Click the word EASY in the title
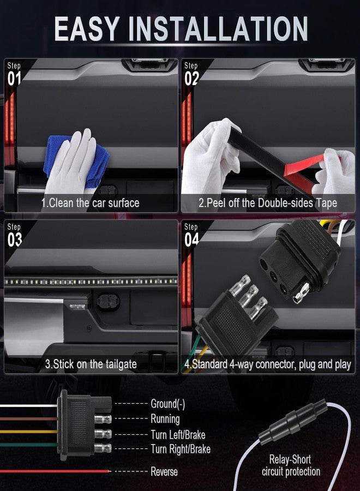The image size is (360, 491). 87,29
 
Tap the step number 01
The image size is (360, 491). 14,78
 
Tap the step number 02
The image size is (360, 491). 191,78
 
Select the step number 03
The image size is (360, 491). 14,239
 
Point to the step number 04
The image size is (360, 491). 191,239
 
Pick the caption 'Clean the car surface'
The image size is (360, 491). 90,203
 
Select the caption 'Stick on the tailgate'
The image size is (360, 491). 91,364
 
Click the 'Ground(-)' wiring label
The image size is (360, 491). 168,404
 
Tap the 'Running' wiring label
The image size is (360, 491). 165,419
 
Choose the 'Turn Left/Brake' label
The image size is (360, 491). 178,435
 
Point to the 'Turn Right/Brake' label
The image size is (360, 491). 181,449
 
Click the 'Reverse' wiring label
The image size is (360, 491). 164,471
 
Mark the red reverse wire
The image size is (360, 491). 55,471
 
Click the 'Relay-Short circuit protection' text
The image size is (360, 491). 291,465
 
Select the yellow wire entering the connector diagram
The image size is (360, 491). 29,432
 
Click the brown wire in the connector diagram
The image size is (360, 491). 29,418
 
